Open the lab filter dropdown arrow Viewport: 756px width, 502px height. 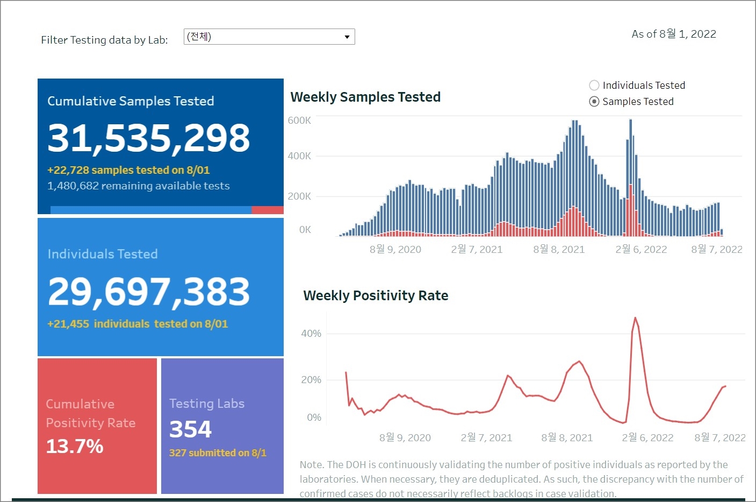[x=347, y=37]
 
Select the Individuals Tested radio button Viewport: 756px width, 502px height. [x=594, y=85]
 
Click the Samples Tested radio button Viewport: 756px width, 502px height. [x=594, y=102]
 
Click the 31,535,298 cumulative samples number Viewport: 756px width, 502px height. [x=149, y=138]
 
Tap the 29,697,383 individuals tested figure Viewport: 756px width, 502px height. [x=149, y=292]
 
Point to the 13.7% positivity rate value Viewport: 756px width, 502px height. [x=75, y=446]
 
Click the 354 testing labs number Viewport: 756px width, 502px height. [x=190, y=429]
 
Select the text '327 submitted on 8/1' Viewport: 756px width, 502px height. [x=218, y=453]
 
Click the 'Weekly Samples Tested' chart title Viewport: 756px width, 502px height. [x=365, y=97]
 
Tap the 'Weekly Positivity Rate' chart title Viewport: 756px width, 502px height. [x=376, y=295]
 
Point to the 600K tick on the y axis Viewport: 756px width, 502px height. [x=299, y=121]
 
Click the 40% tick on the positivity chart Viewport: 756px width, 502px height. [x=311, y=334]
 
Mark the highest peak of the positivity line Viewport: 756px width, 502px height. [x=635, y=318]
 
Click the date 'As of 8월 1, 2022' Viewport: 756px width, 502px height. [x=674, y=34]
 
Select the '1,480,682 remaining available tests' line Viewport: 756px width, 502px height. [x=139, y=186]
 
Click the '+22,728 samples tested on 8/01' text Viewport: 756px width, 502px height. [x=128, y=170]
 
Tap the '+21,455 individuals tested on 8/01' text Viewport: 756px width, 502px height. [x=138, y=324]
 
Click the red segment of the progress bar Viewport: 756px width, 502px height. [x=267, y=210]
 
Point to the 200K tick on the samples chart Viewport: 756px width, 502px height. [x=299, y=196]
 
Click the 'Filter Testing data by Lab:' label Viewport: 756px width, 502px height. [x=104, y=40]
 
